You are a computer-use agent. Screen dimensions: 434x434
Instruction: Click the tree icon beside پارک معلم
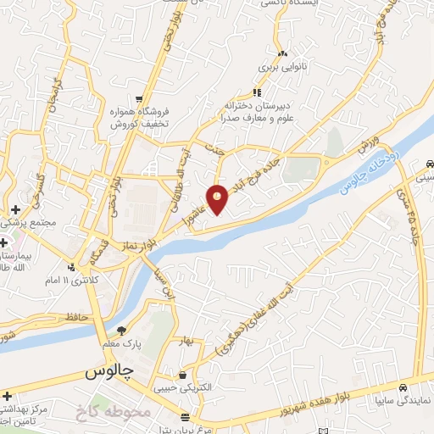click(x=122, y=330)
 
